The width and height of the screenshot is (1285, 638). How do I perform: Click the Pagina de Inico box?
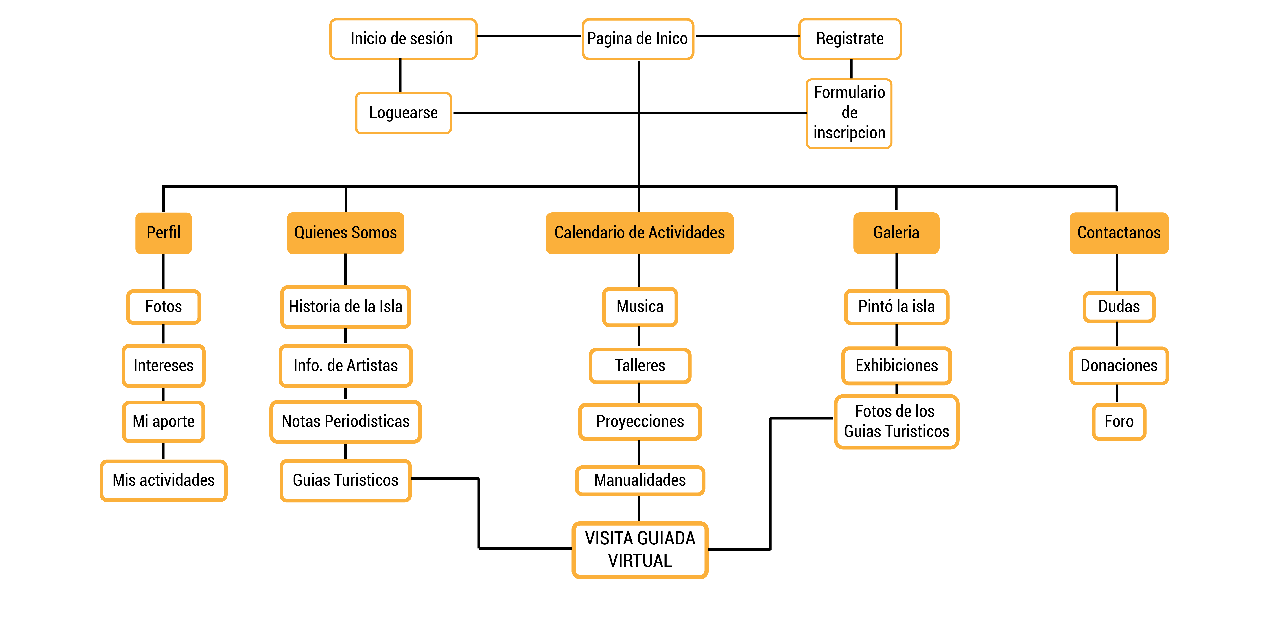point(638,39)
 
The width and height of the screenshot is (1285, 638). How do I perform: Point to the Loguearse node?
point(403,113)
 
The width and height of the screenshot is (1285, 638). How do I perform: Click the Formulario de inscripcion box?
point(849,113)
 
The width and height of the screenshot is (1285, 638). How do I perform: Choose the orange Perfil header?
point(164,233)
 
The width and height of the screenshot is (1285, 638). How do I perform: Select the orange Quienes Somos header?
point(345,233)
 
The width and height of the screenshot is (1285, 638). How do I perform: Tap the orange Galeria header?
point(896,233)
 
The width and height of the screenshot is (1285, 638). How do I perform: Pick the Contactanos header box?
point(1118,233)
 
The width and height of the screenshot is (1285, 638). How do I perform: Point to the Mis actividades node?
point(164,480)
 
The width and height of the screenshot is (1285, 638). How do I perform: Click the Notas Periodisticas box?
point(345,421)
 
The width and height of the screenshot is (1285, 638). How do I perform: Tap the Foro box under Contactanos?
point(1118,421)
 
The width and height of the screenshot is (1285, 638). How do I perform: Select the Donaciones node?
point(1118,366)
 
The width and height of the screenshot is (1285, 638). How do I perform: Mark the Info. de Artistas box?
point(345,366)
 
